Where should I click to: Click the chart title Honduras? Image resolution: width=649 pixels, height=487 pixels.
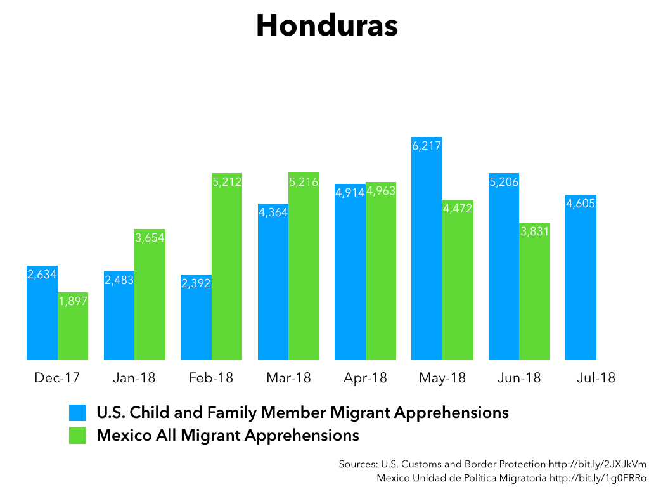coord(327,25)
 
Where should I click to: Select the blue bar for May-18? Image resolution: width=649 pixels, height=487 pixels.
coord(427,249)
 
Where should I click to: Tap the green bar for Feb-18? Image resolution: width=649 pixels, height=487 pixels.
coord(227,267)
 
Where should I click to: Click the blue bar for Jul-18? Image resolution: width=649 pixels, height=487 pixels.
coord(581,278)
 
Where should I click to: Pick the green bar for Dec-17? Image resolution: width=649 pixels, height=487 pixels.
coord(73,327)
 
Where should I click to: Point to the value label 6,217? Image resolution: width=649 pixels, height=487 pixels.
coord(427,146)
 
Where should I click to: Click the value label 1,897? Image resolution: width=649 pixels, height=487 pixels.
coord(73,301)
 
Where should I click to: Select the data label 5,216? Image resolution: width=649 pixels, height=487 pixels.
coord(304,182)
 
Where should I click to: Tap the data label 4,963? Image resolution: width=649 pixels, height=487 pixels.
coord(381,191)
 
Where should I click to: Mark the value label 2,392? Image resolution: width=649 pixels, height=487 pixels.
coord(196,283)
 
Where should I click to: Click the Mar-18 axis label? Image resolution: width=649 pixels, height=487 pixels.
coord(288,378)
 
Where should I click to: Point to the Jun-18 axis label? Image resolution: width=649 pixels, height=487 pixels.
coord(519,378)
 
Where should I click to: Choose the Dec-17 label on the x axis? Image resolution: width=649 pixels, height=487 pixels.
coord(57,378)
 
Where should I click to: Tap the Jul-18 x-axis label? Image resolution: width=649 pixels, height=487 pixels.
coord(596,378)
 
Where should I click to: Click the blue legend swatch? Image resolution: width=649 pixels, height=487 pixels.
coord(77,413)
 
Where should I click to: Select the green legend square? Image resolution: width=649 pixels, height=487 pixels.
coord(77,436)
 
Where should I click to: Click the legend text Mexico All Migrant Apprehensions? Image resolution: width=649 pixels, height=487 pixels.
coord(228,436)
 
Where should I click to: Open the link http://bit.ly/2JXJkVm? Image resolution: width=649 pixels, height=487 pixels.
coord(597,464)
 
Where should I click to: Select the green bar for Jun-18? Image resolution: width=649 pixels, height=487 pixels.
coord(534,292)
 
